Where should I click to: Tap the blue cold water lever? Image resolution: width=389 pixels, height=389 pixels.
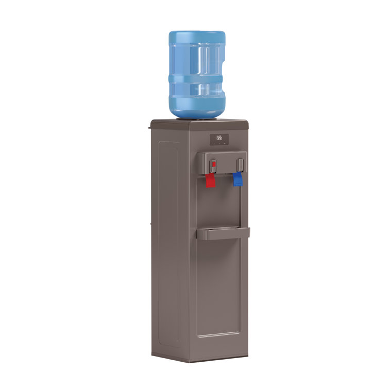pyautogui.click(x=238, y=179)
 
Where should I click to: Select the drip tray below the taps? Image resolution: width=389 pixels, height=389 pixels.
pyautogui.click(x=223, y=233)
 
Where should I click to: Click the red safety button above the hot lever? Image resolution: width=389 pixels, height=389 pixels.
pyautogui.click(x=213, y=165)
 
